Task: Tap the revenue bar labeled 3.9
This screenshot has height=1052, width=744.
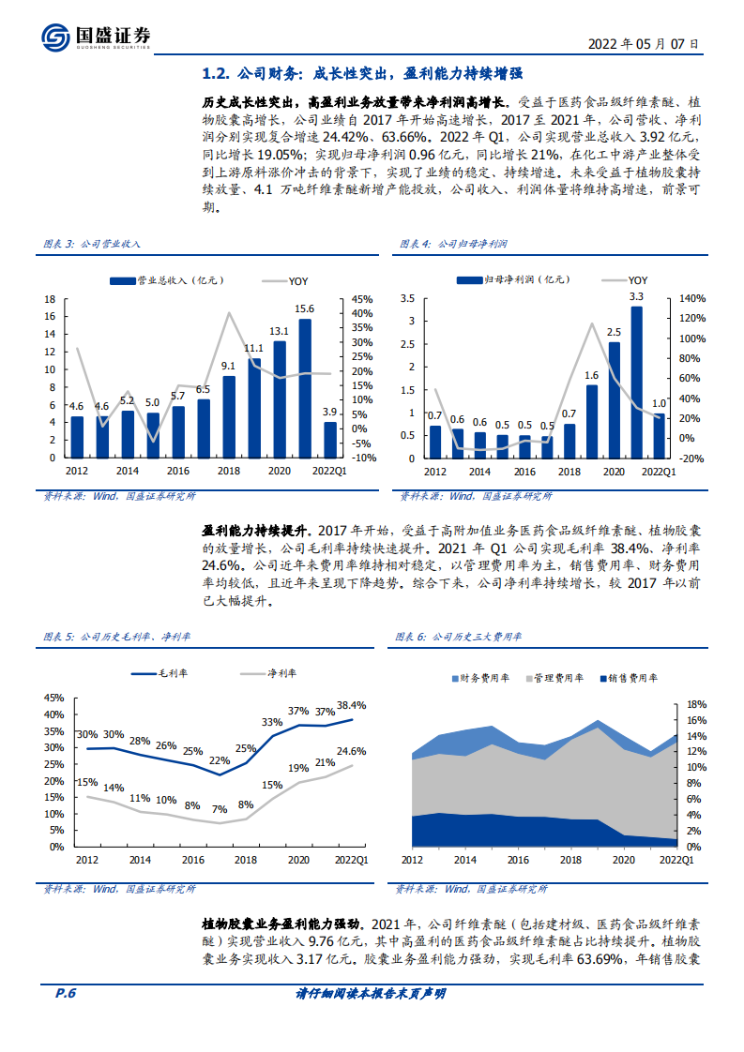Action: click(329, 440)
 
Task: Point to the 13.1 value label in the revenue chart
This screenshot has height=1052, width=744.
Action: click(279, 331)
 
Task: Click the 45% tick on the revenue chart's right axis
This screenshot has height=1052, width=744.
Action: click(364, 299)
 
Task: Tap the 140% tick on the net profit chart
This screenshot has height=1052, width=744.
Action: click(691, 299)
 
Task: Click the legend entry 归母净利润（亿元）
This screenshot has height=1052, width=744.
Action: click(512, 279)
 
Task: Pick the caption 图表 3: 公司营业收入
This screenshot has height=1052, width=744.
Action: click(92, 243)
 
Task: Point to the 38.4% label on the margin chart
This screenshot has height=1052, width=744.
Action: click(351, 705)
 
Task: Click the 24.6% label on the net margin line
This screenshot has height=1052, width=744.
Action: click(351, 751)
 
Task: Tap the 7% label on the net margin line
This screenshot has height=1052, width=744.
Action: click(220, 809)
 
